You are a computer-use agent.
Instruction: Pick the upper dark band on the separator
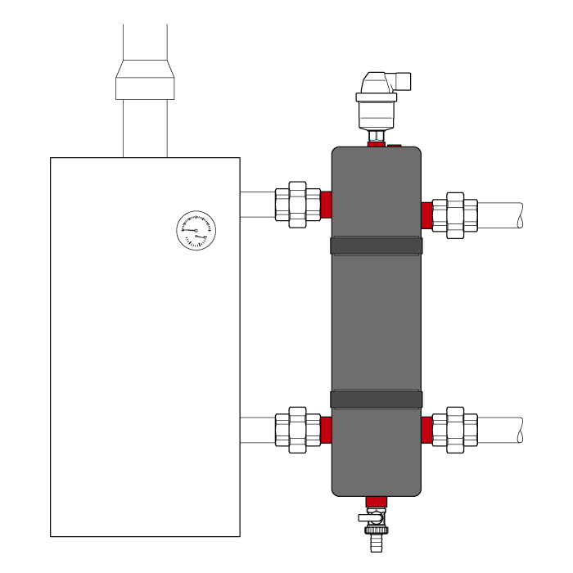click(x=377, y=246)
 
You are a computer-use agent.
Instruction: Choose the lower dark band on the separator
click(x=377, y=399)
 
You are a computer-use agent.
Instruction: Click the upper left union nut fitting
click(x=297, y=204)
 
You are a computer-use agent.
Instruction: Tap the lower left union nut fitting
click(x=297, y=430)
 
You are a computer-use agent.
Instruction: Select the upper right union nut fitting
click(x=455, y=215)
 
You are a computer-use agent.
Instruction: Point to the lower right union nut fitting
click(x=455, y=430)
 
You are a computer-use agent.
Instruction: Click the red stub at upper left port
click(x=326, y=204)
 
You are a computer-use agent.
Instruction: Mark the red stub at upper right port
click(x=426, y=215)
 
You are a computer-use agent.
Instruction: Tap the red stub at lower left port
click(x=326, y=430)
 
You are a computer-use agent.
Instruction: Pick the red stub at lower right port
click(x=426, y=430)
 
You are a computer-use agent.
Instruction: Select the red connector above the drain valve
click(x=376, y=501)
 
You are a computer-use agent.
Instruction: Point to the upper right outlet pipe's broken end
click(x=518, y=215)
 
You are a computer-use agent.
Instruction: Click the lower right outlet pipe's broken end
click(x=518, y=430)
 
